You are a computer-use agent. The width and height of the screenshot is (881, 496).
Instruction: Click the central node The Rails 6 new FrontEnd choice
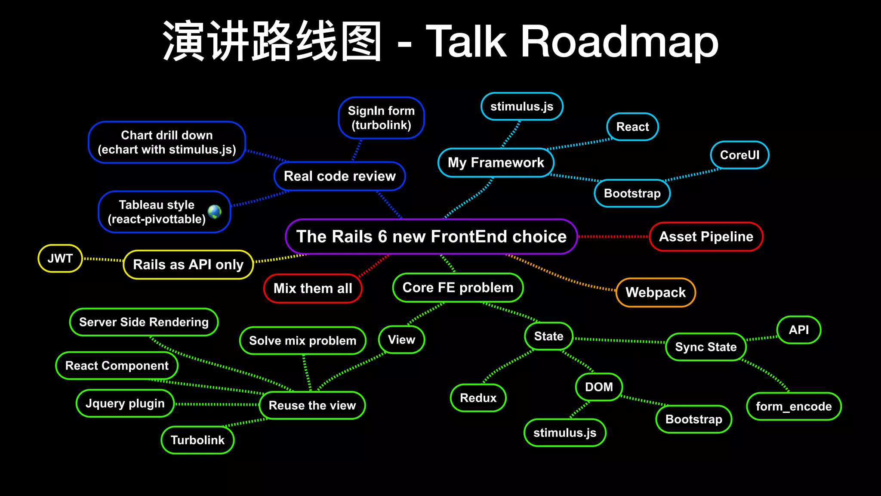431,236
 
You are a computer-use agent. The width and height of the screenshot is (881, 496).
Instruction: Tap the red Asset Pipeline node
706,236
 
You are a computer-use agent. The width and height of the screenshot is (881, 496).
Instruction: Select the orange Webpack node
656,292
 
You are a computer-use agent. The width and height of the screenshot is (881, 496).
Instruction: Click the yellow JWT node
60,258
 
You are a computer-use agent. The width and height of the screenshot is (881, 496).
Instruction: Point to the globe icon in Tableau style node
215,211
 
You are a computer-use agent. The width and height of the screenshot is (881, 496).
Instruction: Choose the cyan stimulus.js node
522,106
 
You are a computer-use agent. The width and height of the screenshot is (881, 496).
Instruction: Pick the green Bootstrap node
693,419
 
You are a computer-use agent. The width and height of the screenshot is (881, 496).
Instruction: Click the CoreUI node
739,155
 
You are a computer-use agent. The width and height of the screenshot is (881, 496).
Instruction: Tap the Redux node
478,397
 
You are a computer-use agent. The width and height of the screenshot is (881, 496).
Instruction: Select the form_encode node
794,406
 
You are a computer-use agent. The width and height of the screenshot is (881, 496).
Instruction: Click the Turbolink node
197,440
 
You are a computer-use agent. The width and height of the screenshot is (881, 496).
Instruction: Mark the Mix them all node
313,288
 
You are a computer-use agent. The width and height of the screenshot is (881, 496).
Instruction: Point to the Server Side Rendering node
144,322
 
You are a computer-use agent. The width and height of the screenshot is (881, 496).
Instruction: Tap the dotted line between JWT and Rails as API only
103,260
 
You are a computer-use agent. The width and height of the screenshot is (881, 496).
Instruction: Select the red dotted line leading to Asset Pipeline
613,236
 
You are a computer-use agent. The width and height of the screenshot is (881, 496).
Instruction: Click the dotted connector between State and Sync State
619,341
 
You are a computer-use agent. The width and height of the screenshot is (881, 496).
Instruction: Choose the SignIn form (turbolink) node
381,118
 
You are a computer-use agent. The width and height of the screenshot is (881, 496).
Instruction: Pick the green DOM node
599,387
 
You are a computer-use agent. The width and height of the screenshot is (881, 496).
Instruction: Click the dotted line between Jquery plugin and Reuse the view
217,404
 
